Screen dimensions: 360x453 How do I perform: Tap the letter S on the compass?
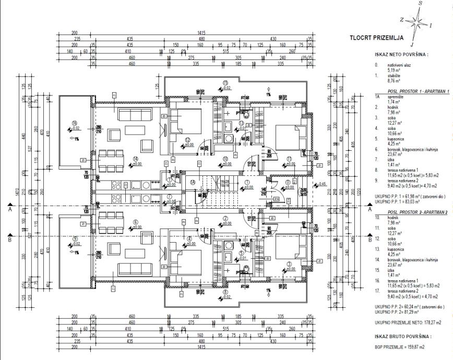[421, 4]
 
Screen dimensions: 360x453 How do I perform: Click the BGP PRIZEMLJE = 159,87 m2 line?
[399, 346]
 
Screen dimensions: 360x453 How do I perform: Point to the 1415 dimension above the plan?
[202, 32]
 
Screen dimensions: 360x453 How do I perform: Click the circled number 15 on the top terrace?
[225, 83]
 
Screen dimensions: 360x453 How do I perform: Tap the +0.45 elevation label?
[323, 184]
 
